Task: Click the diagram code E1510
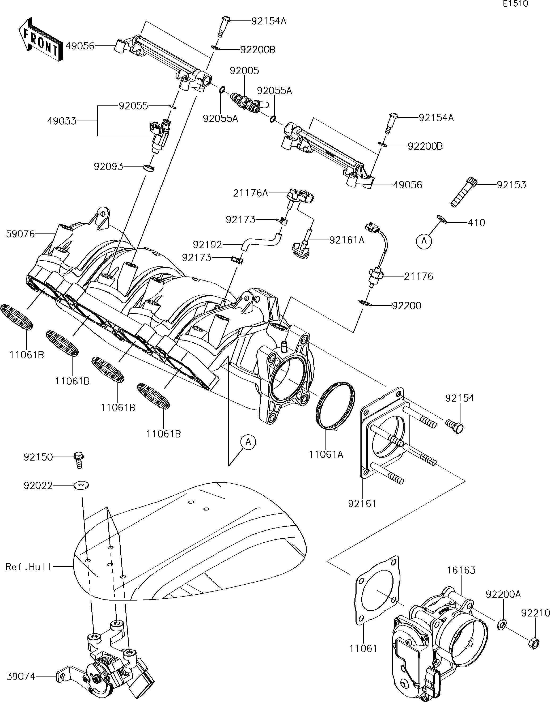click(x=515, y=4)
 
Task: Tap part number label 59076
click(x=20, y=234)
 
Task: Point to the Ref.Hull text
click(x=28, y=567)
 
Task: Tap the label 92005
click(x=244, y=70)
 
